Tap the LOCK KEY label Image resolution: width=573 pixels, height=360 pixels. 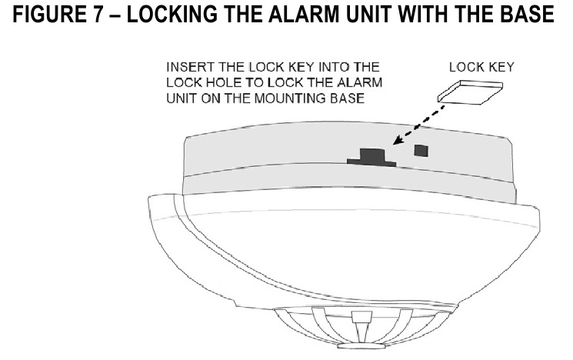click(x=481, y=68)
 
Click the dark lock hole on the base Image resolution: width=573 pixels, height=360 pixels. click(x=371, y=154)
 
